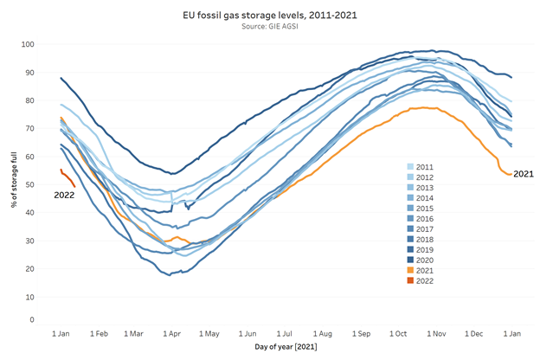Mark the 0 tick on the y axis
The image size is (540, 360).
[32, 320]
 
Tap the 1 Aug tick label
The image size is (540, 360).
[323, 333]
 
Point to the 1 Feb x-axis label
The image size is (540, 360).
[100, 333]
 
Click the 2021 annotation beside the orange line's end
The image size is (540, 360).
[524, 174]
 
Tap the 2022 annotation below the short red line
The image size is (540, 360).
[65, 196]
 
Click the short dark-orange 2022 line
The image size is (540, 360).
[67, 177]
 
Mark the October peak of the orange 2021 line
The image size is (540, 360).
[424, 107]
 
